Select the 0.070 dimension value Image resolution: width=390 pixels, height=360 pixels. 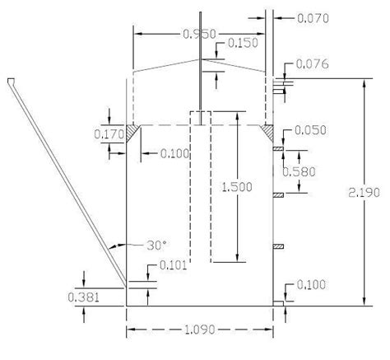[306, 15]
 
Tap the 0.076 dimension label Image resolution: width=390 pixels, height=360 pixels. [310, 63]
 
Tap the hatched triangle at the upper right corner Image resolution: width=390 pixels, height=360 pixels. [268, 131]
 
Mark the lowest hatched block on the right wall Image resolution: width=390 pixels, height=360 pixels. [278, 246]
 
